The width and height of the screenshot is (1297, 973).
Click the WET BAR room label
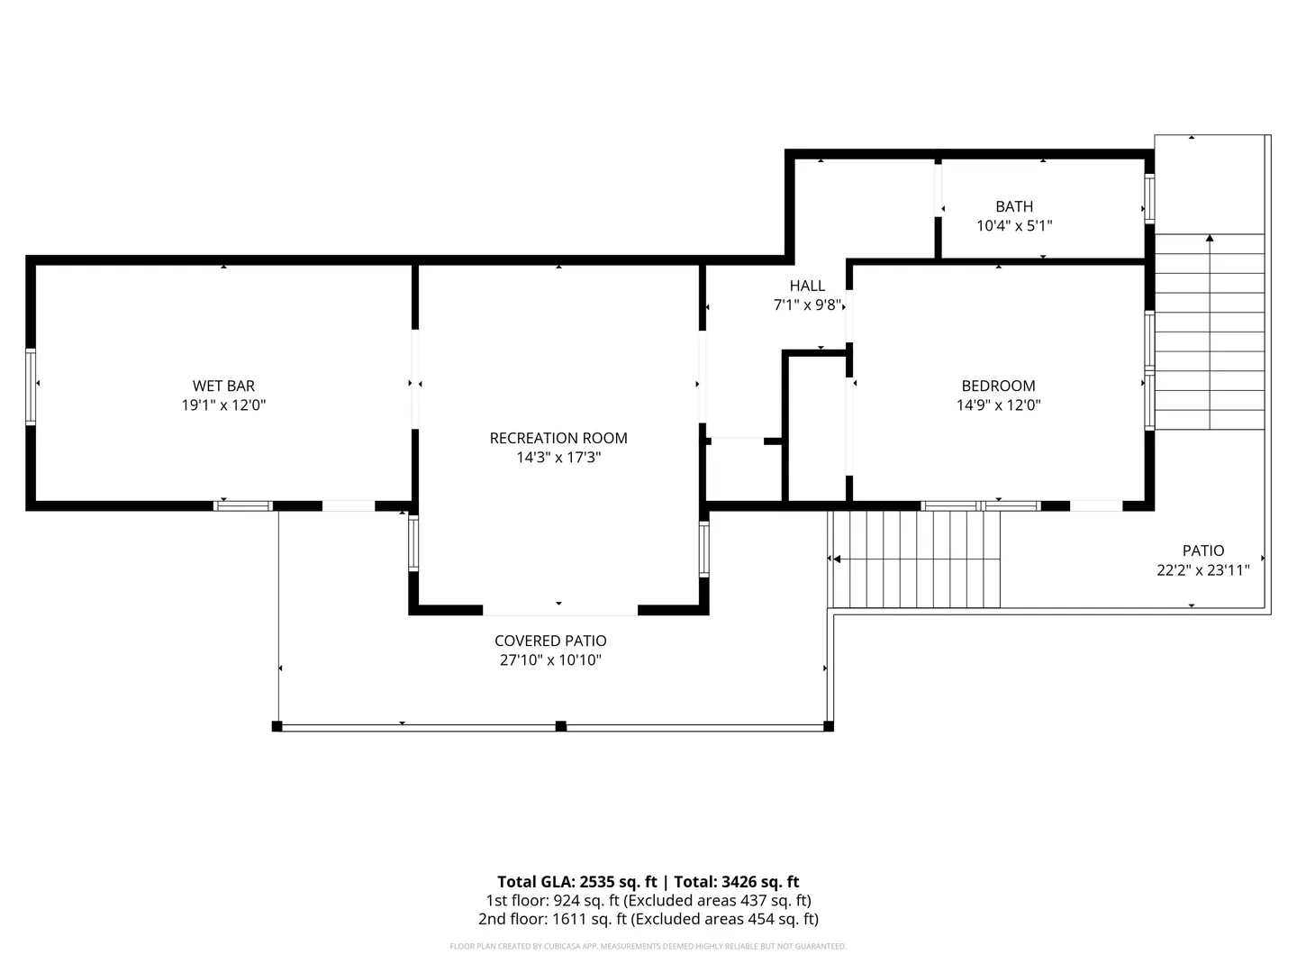[223, 386]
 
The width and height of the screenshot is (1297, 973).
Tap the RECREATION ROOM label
[558, 439]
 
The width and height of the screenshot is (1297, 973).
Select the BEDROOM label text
[998, 386]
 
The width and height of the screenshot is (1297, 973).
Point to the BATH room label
[1014, 207]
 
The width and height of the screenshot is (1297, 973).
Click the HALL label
[807, 286]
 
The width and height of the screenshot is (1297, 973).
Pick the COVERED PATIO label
[550, 641]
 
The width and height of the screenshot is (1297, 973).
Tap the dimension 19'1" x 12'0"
[223, 405]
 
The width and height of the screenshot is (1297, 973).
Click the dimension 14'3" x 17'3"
[558, 458]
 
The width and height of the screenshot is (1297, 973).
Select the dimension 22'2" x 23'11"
[1203, 570]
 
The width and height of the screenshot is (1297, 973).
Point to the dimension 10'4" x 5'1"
[1014, 225]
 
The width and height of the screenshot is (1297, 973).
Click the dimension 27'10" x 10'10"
[550, 659]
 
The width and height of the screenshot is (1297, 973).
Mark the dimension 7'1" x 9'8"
[807, 305]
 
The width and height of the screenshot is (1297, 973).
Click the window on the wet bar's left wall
[30, 387]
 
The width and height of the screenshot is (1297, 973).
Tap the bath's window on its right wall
[1149, 198]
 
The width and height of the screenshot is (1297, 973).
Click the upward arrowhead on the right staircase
[1210, 238]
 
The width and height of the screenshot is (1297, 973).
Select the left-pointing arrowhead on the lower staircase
[837, 559]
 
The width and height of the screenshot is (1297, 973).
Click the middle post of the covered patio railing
[561, 726]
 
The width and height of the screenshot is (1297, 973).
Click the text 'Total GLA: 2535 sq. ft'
[576, 882]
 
